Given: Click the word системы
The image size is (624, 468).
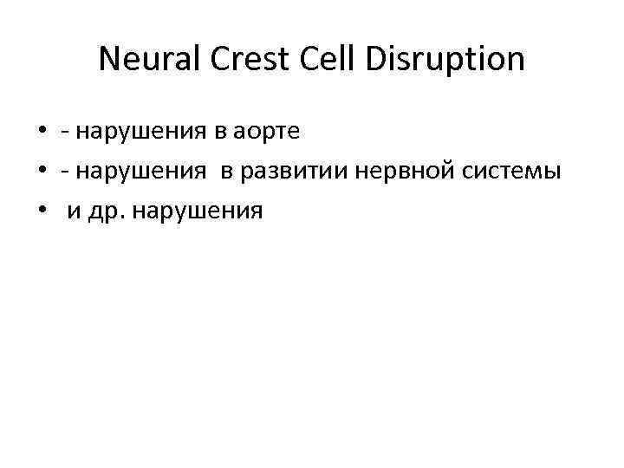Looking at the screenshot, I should tap(506, 172).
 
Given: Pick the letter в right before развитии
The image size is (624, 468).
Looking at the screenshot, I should tap(226, 172).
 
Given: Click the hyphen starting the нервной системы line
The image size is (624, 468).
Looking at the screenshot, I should tap(65, 173).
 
